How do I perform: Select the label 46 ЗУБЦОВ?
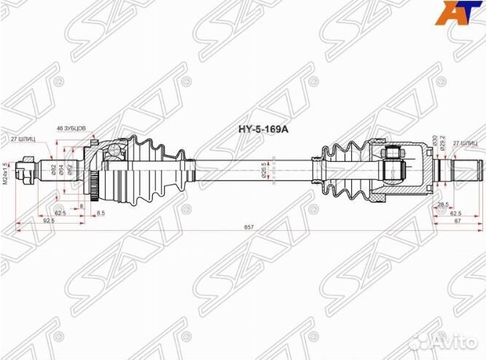pos(71,128)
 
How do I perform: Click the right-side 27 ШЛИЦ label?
pos(464,143)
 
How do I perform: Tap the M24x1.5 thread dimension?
pos(6,173)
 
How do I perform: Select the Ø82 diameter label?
pos(55,171)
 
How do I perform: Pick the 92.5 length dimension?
pos(50,220)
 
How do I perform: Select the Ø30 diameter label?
pos(435,141)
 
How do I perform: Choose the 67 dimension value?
pos(456,220)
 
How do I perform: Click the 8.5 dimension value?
pos(101,213)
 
